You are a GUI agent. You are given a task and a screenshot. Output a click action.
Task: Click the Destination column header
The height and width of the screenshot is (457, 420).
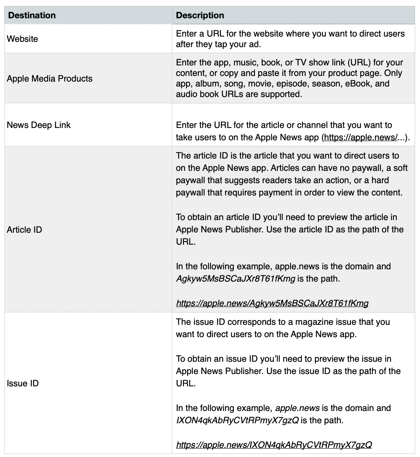coord(32,15)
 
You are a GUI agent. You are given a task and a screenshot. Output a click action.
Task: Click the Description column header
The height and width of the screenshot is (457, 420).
coord(200,15)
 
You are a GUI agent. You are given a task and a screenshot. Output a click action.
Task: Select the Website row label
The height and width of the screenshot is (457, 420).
coord(22,39)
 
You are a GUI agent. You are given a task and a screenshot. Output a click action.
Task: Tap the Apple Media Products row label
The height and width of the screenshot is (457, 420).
coord(50,78)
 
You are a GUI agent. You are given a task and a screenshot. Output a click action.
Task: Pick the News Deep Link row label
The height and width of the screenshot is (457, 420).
coord(39,125)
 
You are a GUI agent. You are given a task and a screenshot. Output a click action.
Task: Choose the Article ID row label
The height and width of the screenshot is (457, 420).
coord(24,230)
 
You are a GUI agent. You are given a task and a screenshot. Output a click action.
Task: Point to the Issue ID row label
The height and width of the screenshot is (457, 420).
coord(22,383)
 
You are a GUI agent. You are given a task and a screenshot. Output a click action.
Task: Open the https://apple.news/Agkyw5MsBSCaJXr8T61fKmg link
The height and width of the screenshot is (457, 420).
coord(272,303)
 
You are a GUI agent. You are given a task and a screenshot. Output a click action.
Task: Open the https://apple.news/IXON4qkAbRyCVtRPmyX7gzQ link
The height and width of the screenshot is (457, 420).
coord(274,445)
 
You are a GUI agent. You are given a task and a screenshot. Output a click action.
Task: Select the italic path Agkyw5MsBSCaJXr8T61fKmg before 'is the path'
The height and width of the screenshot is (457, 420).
coord(235,279)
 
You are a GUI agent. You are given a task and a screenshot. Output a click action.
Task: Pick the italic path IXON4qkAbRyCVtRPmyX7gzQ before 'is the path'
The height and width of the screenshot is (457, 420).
coord(237,420)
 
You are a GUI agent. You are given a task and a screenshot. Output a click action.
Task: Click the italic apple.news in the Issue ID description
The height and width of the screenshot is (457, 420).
coord(297,408)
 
